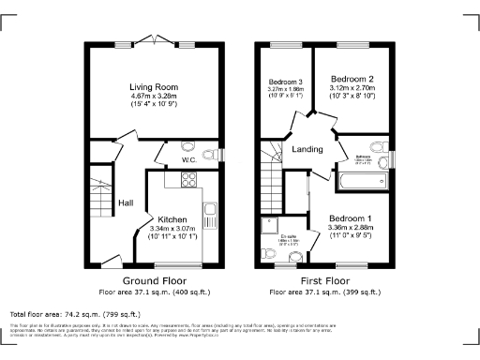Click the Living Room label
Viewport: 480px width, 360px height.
coord(154,88)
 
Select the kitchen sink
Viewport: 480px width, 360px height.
coord(212,215)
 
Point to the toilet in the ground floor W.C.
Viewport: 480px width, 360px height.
coord(211,154)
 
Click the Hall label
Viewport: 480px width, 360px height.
coord(126,202)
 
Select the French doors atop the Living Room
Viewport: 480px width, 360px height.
coord(155,43)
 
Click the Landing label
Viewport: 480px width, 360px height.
coord(307,150)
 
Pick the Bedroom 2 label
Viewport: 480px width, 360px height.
coord(346,78)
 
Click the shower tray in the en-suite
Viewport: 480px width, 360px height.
coord(275,225)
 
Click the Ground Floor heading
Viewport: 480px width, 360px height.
coord(155,281)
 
